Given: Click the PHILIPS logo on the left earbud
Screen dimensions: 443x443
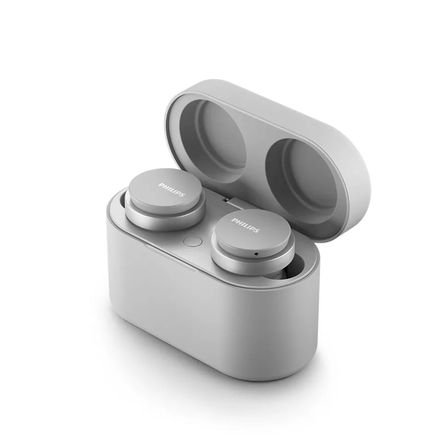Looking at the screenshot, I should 172,190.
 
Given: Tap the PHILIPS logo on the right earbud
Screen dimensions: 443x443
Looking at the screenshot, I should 245,226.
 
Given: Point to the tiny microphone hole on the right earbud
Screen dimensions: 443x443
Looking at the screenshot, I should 256,254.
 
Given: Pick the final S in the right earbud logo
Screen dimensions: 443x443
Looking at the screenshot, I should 257,231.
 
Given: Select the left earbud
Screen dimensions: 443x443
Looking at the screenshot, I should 165,198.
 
